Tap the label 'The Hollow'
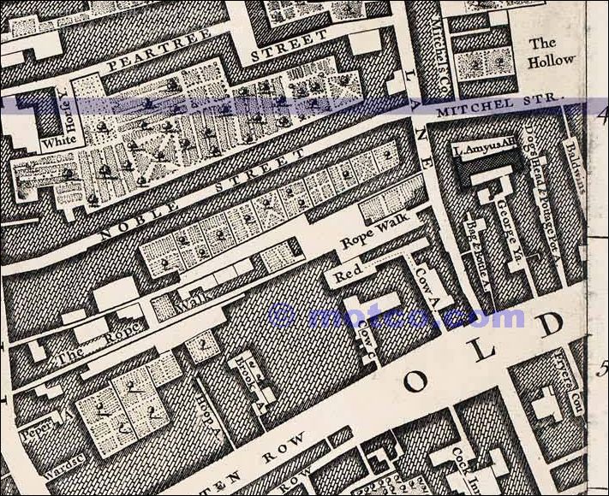click(x=551, y=52)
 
